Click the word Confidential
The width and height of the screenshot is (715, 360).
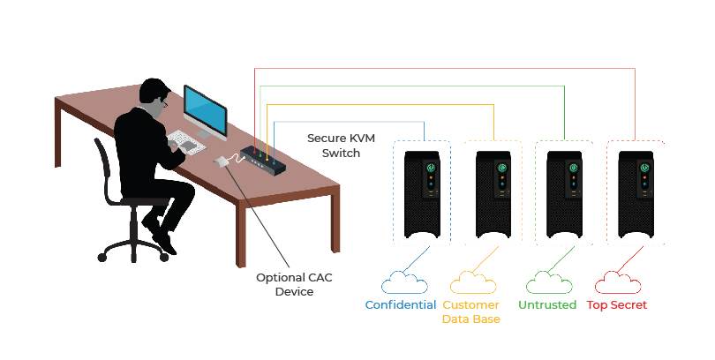[401, 305]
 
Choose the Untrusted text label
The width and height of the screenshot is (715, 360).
[546, 305]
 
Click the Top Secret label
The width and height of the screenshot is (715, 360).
[617, 305]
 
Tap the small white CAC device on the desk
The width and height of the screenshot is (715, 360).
[222, 161]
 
